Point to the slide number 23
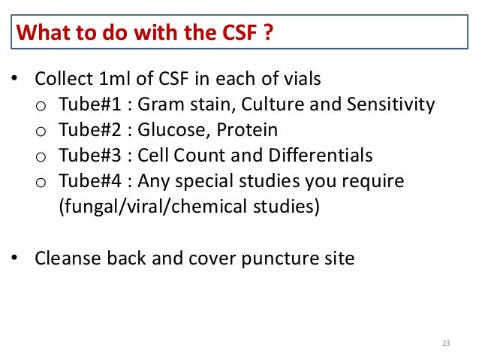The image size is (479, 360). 445,343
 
